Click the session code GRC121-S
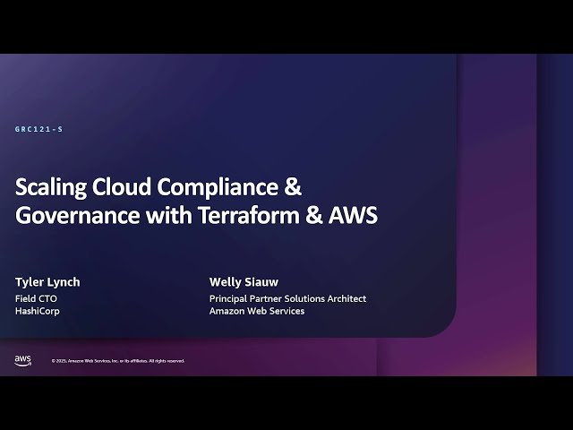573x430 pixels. pos(38,130)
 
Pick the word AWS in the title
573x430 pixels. pos(355,216)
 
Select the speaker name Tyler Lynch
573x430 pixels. pos(47,282)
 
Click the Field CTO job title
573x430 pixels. pos(36,298)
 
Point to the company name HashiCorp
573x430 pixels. pos(38,311)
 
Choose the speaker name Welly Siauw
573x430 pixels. pos(244,282)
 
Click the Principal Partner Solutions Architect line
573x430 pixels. pos(287,298)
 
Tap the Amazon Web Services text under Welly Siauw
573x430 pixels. pos(257,311)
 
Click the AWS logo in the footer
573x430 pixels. pos(23,359)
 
